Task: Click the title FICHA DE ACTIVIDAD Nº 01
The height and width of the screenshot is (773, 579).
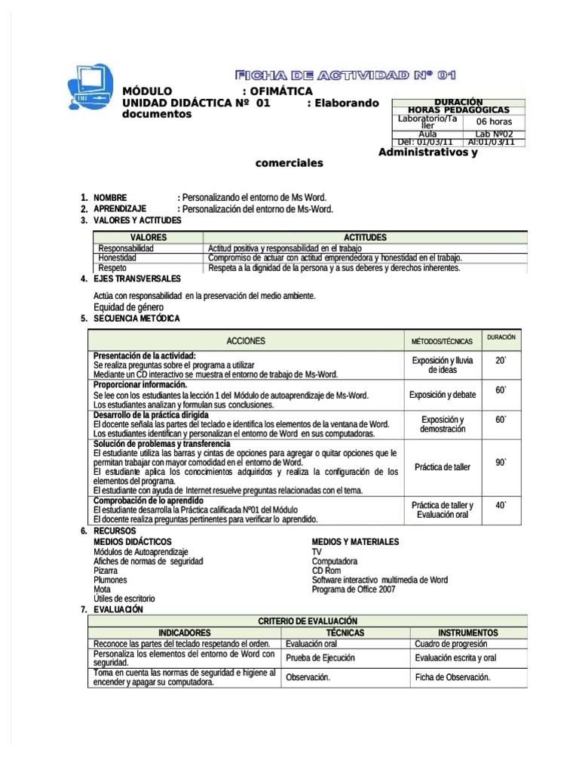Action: click(x=346, y=75)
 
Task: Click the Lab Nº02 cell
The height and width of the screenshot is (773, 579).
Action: click(x=494, y=134)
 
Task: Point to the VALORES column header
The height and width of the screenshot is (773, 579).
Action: click(x=148, y=237)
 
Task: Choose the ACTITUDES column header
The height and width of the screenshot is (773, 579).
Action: click(x=365, y=237)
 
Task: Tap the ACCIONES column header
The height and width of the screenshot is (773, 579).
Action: click(x=246, y=341)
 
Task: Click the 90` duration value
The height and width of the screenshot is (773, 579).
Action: click(x=501, y=462)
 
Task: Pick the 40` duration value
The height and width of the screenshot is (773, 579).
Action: click(x=501, y=505)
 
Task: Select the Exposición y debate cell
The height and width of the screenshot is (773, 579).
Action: click(x=443, y=395)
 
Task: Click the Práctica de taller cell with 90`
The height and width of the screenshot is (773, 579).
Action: click(x=443, y=467)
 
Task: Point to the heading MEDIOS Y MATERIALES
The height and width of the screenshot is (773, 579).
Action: click(x=355, y=542)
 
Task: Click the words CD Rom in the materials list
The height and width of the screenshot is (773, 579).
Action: click(x=326, y=571)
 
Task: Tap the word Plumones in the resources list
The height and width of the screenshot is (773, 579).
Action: click(x=110, y=580)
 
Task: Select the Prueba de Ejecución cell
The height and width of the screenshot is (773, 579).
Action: click(x=320, y=658)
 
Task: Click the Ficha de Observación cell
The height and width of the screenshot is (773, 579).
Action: click(x=452, y=677)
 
